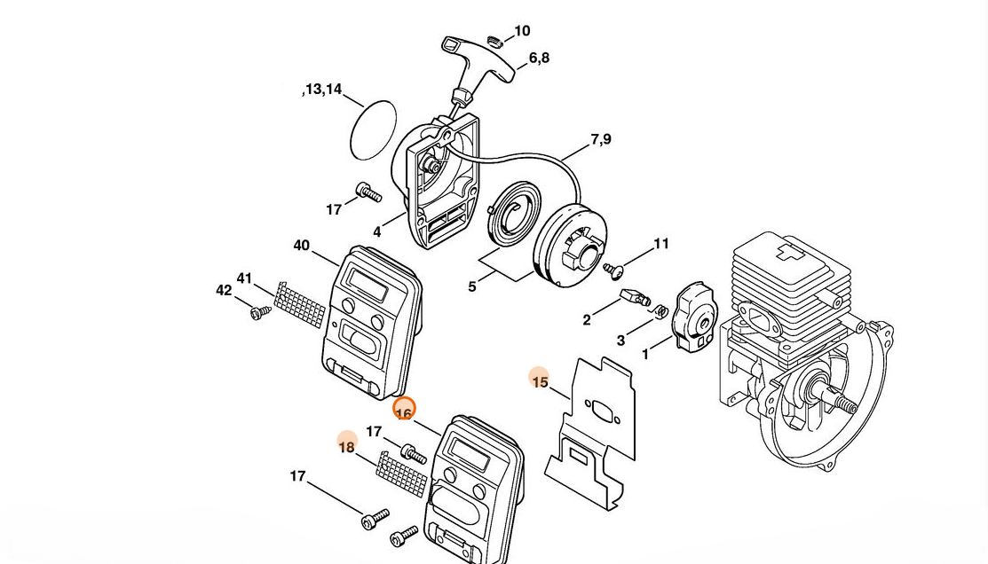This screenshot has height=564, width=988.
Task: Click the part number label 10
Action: click(522, 31)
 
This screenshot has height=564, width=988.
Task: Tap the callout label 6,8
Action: click(539, 58)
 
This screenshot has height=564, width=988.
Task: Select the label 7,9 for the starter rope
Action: click(600, 139)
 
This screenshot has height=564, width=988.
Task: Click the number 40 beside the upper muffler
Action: click(301, 245)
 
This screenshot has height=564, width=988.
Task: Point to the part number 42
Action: click(224, 290)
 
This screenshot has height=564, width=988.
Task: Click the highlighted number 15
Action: click(540, 382)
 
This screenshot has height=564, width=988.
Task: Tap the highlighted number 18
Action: click(346, 448)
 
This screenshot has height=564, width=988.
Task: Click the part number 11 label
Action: click(661, 244)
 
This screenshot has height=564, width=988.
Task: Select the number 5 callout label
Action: click(472, 287)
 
